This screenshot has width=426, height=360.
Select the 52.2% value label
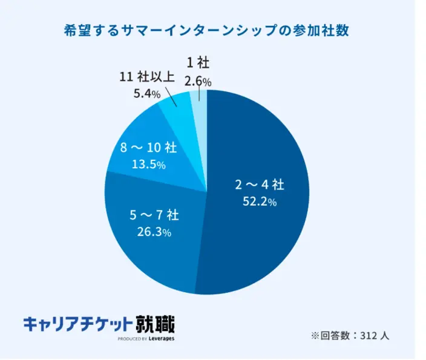[x=260, y=202]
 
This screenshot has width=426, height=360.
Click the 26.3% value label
[x=154, y=232]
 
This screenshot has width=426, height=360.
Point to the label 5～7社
[x=154, y=214]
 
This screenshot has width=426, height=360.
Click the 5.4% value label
[x=146, y=94]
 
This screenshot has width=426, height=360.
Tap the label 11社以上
[x=148, y=77]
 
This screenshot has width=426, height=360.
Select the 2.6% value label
[x=198, y=81]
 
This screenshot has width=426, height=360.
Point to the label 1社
[x=198, y=63]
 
